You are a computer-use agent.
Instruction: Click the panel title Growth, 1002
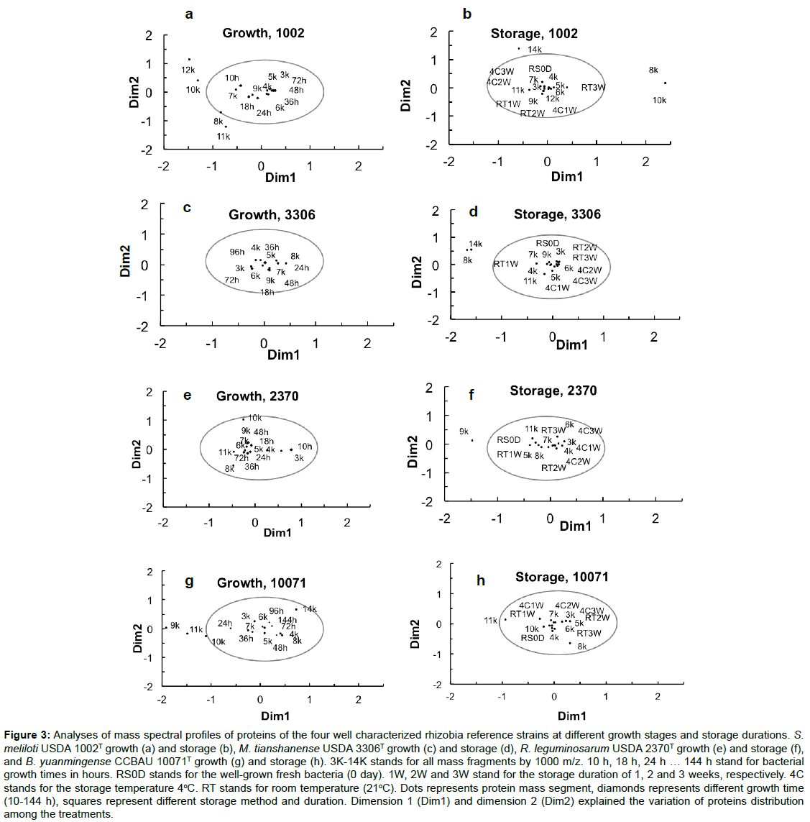[x=263, y=33]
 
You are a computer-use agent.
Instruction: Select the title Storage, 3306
[x=557, y=214]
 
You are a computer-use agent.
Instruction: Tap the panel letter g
[x=189, y=581]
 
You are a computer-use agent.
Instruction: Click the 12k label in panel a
[x=188, y=70]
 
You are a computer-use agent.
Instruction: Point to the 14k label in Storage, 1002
[x=535, y=50]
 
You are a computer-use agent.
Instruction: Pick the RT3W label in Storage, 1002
[x=593, y=88]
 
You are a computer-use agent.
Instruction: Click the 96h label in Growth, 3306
[x=237, y=252]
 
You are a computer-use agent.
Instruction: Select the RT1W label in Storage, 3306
[x=506, y=264]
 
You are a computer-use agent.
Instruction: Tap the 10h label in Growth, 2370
[x=305, y=447]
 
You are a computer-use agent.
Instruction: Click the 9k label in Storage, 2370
[x=464, y=432]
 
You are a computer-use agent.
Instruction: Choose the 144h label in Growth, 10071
[x=287, y=620]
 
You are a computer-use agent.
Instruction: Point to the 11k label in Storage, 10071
[x=490, y=621]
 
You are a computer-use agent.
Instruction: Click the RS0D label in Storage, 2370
[x=509, y=440]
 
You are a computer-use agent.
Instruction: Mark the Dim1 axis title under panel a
[x=280, y=177]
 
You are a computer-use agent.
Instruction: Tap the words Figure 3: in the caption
[x=27, y=735]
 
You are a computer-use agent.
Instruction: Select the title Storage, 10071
[x=561, y=577]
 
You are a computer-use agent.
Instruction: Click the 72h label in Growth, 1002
[x=299, y=81]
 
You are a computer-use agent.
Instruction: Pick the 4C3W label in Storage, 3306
[x=584, y=280]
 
